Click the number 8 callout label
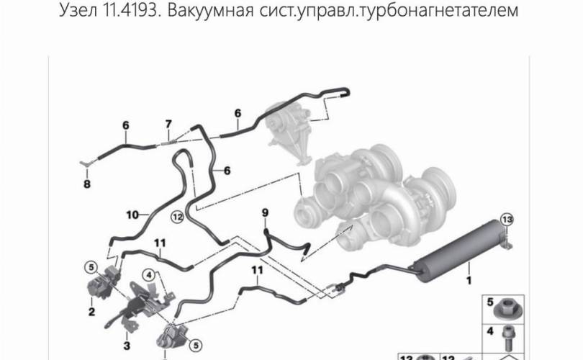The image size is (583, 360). [86, 184]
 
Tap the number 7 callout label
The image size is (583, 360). [168, 124]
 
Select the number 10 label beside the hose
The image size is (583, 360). [132, 215]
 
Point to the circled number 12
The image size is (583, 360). [177, 217]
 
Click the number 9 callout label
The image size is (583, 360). [265, 212]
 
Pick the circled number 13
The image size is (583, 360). [507, 220]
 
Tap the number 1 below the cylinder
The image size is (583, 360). [469, 280]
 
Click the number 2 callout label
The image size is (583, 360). [91, 312]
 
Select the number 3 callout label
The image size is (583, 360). [127, 346]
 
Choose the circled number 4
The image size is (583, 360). [149, 275]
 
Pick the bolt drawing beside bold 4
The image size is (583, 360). [508, 338]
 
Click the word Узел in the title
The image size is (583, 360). [78, 10]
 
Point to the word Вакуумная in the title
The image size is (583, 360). [211, 10]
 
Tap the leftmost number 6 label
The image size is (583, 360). [126, 126]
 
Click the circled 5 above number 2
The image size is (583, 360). [91, 267]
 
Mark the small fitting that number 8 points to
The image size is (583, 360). [86, 163]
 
